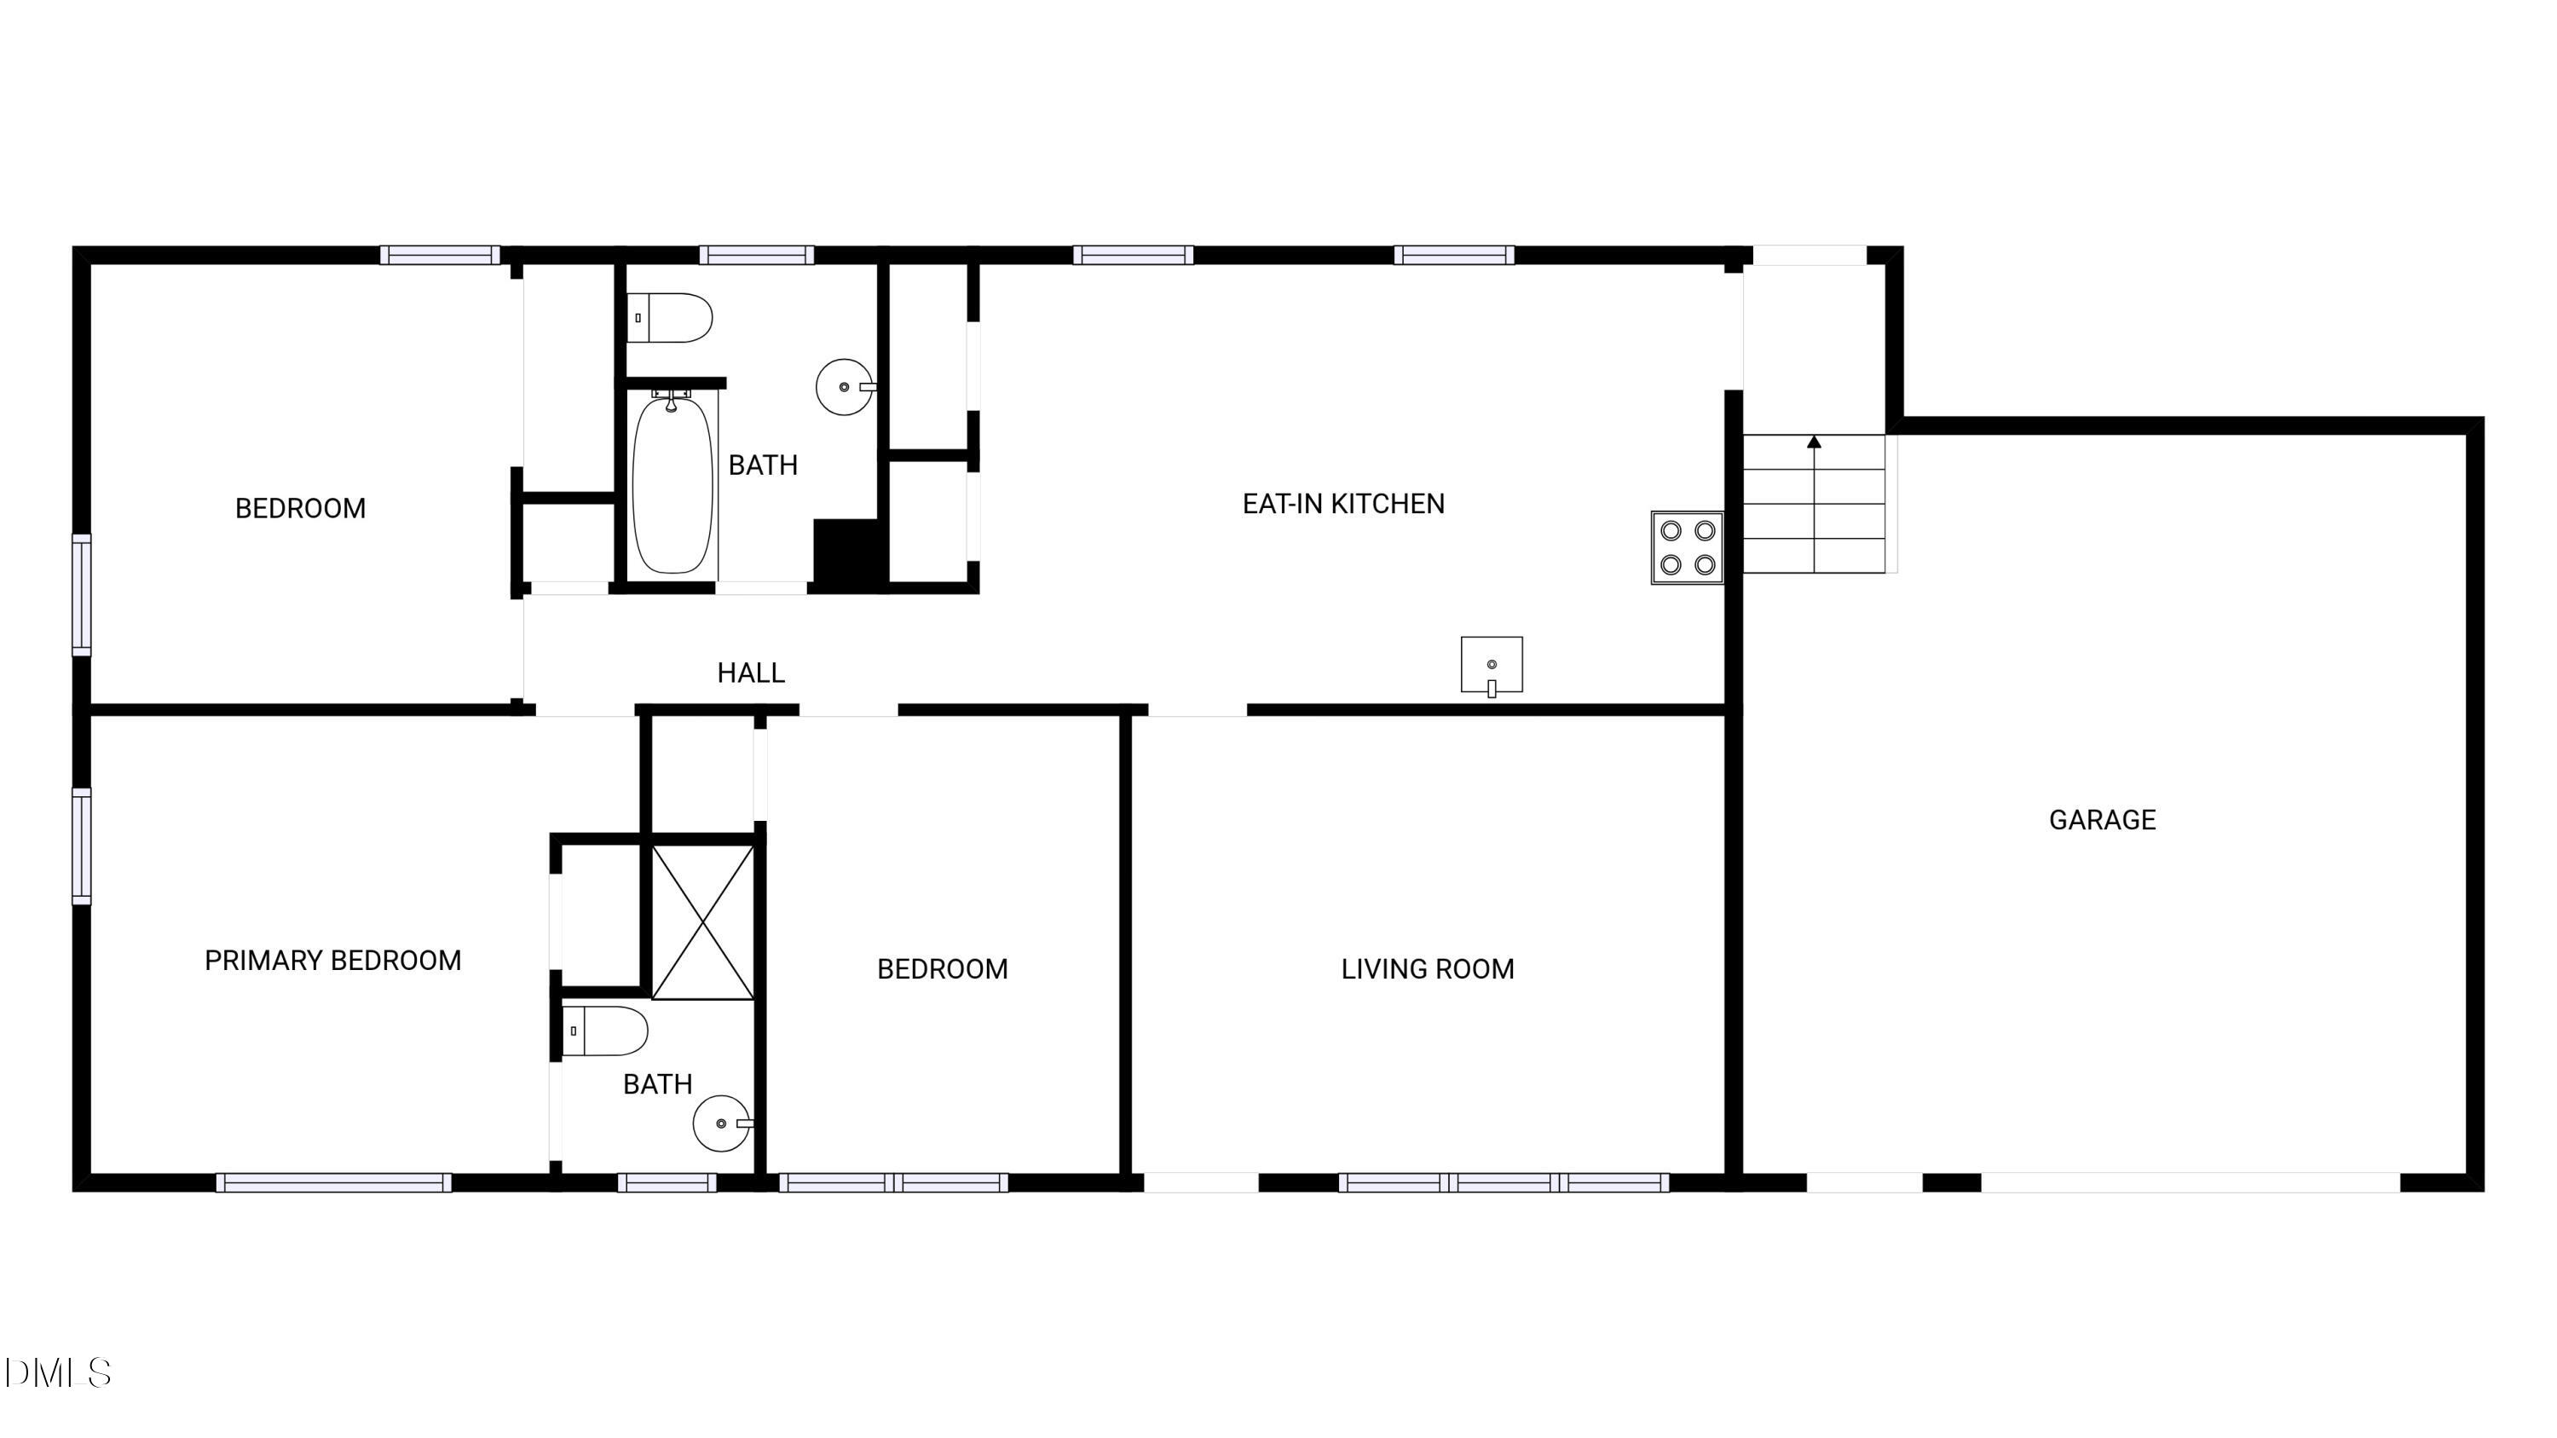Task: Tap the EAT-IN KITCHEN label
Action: coord(1343,504)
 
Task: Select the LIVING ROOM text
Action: coord(1427,968)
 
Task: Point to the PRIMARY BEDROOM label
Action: coord(332,961)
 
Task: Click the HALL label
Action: coord(750,673)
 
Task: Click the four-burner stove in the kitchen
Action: coord(1688,548)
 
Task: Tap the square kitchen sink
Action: coord(1491,665)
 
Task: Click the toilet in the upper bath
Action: coord(669,318)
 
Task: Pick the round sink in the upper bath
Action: coord(845,387)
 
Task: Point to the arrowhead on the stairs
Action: coord(1815,442)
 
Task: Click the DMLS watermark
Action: coord(58,1373)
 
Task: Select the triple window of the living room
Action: coord(1503,1182)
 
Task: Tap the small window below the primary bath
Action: coord(667,1182)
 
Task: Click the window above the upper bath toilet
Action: coord(756,255)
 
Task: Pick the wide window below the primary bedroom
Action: coord(333,1182)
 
